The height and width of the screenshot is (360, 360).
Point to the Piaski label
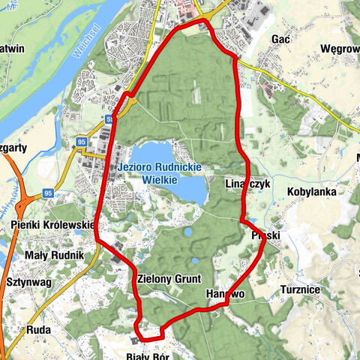click(x=265, y=236)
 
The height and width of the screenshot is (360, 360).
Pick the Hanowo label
click(x=225, y=295)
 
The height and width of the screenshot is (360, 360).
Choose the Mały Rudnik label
click(x=52, y=255)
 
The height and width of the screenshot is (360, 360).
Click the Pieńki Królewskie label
click(x=52, y=224)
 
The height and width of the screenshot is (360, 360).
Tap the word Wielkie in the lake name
click(x=161, y=180)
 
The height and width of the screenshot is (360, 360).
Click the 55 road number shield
click(x=110, y=117)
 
